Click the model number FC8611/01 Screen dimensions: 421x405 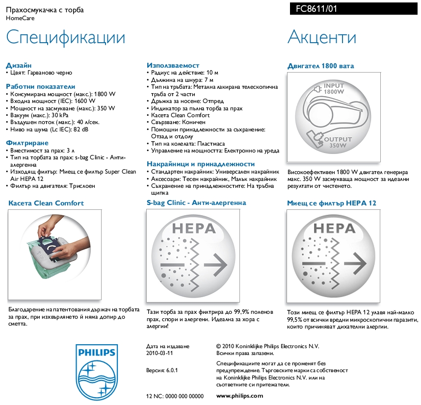[x=316, y=9]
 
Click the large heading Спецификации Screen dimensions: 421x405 [x=66, y=38]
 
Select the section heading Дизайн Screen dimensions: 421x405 [x=19, y=65]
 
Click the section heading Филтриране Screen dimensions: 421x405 [x=27, y=143]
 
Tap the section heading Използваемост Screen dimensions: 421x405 [x=173, y=65]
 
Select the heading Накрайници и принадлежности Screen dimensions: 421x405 [x=201, y=164]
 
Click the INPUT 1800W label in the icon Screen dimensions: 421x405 [x=334, y=89]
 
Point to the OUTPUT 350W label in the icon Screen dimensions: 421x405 [x=338, y=142]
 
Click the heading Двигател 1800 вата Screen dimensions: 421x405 [x=320, y=66]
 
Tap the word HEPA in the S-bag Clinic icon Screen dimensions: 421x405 [x=194, y=228]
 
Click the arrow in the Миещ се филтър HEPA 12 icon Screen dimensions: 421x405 [x=355, y=263]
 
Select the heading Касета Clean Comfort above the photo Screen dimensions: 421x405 [x=46, y=203]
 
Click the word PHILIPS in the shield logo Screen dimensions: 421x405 [x=97, y=353]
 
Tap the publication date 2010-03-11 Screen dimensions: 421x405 [x=159, y=353]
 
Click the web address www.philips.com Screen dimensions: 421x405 [x=239, y=396]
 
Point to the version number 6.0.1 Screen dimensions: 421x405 [x=172, y=370]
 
